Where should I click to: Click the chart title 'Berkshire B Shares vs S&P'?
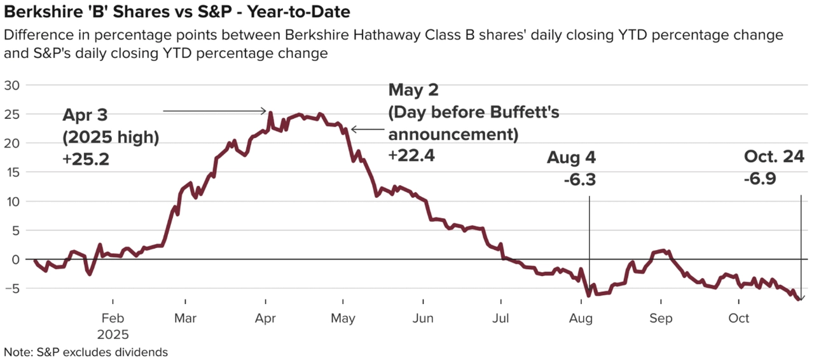[x=177, y=12]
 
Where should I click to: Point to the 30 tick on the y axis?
[x=12, y=85]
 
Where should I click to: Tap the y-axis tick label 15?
[x=12, y=172]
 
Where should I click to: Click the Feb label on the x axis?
[x=113, y=317]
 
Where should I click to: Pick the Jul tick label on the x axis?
[x=502, y=317]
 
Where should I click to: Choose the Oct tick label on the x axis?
[x=738, y=317]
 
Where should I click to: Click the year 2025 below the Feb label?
[x=113, y=334]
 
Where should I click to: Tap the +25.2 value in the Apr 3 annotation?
[x=86, y=160]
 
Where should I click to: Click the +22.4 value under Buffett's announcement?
[x=411, y=155]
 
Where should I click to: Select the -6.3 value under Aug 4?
[x=579, y=180]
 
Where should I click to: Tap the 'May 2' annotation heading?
[x=414, y=90]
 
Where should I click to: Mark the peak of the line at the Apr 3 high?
[x=270, y=113]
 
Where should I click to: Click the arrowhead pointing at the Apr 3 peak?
[x=265, y=111]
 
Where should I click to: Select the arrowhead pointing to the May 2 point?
[x=353, y=130]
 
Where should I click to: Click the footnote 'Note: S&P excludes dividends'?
[x=86, y=352]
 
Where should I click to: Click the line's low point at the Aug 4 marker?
[x=589, y=296]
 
